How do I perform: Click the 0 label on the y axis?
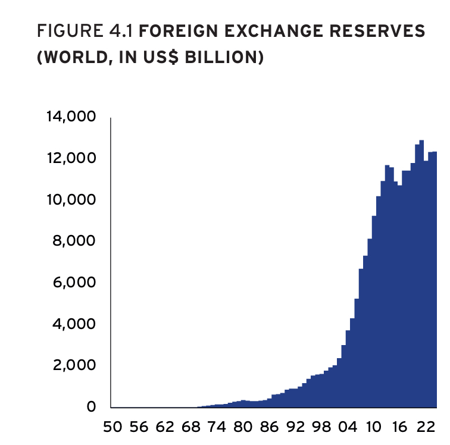point(91,407)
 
